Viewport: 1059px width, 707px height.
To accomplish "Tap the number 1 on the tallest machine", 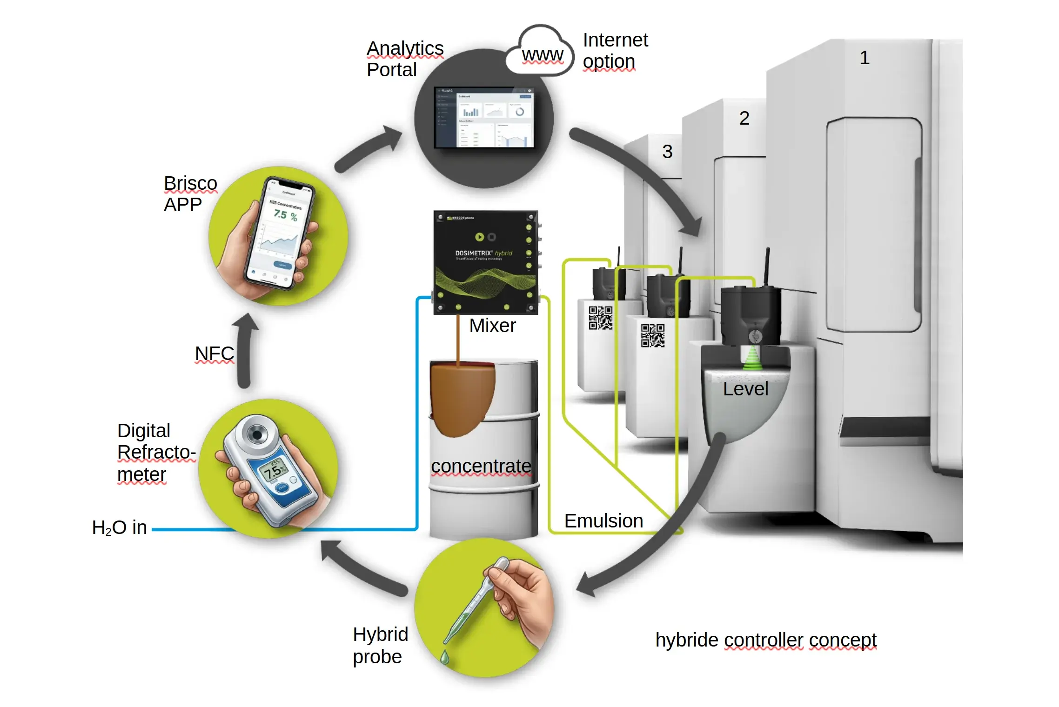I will pyautogui.click(x=864, y=58).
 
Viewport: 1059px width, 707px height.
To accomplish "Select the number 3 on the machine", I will pyautogui.click(x=667, y=152).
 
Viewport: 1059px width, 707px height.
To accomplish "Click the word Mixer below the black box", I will pyautogui.click(x=492, y=326).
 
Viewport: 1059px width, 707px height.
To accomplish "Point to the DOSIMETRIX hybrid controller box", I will pyautogui.click(x=485, y=262).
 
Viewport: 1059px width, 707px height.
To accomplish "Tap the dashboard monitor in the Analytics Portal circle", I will pyautogui.click(x=484, y=118).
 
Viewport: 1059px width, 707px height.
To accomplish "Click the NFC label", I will pyautogui.click(x=214, y=353).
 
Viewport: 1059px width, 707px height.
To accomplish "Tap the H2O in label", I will pyautogui.click(x=120, y=528).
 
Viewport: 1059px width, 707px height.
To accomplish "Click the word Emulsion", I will pyautogui.click(x=603, y=521).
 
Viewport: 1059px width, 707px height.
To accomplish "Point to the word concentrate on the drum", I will pyautogui.click(x=481, y=466).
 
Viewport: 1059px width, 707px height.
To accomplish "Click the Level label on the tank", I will pyautogui.click(x=745, y=389).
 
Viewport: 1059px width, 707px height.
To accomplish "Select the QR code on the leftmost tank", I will pyautogui.click(x=600, y=318).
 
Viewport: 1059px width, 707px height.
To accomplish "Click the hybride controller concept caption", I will pyautogui.click(x=765, y=640).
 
